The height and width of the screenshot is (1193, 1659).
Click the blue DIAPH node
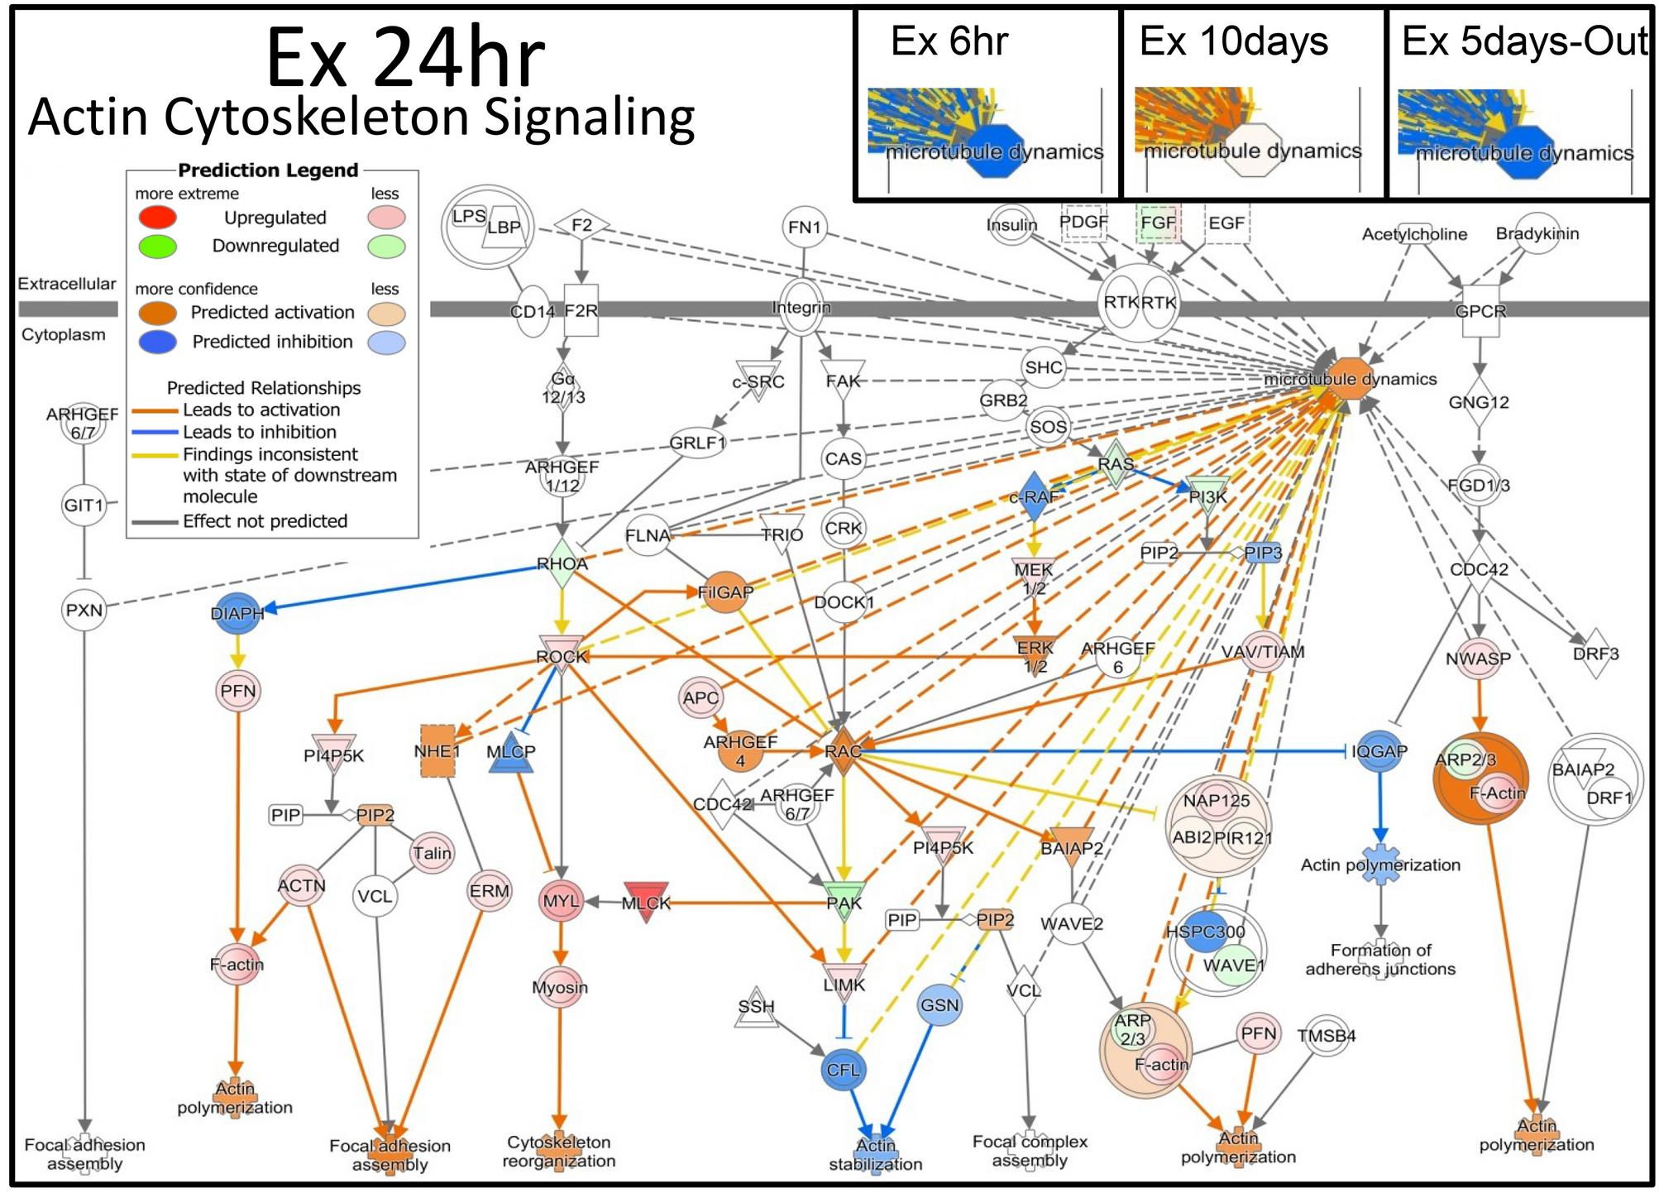237,613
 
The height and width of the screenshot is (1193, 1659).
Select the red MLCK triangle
646,901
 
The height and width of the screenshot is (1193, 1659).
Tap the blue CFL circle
844,1070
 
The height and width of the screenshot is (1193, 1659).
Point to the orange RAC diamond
843,751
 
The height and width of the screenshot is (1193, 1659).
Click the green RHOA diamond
562,564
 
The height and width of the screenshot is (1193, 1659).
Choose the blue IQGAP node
1379,751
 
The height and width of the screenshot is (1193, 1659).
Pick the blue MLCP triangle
511,753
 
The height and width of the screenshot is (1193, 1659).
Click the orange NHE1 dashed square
437,751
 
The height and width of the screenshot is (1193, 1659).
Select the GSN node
939,1005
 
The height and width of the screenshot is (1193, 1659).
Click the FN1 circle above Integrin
805,227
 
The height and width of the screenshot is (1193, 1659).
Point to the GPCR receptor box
1480,312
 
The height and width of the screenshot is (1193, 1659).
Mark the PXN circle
84,611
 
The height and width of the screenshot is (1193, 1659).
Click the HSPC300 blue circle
1206,932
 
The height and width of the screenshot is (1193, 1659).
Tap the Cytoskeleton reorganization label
559,1151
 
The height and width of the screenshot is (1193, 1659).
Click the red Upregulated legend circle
156,218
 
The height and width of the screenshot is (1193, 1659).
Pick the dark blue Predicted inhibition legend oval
156,342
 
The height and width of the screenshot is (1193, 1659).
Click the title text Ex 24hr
404,58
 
